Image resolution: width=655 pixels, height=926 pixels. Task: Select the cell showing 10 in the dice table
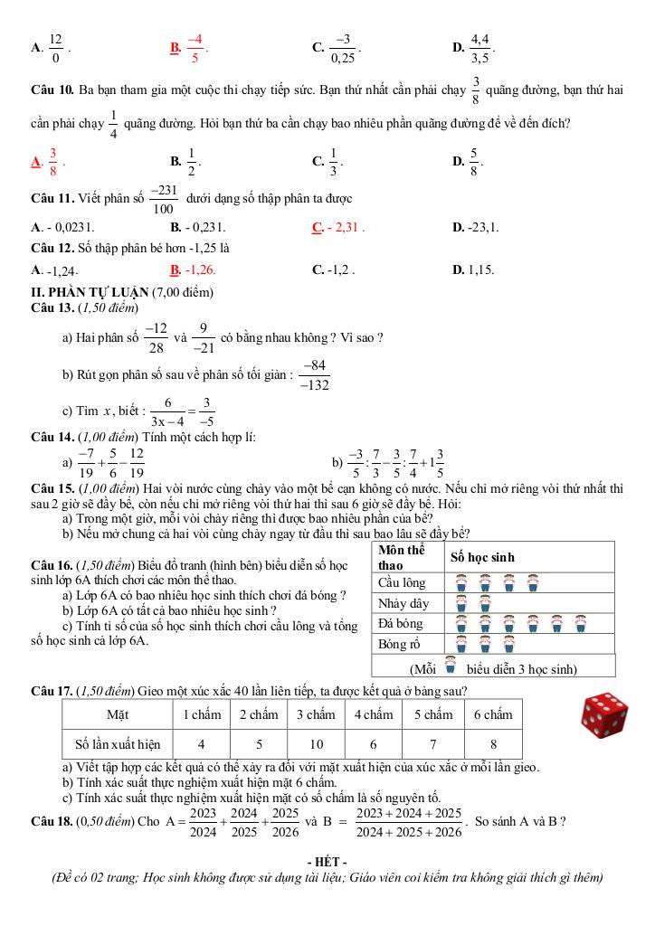315,744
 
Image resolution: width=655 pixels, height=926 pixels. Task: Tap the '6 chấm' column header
493,714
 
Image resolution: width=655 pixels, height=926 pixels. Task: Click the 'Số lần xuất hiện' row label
118,744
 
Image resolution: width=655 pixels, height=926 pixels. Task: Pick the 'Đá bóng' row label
401,623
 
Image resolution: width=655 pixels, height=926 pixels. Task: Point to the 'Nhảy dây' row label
403,603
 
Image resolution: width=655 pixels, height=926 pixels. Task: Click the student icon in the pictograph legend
450,667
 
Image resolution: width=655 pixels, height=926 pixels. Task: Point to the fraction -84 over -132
316,375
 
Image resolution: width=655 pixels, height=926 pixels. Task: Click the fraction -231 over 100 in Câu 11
164,198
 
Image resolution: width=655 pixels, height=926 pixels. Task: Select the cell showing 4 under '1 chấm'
201,744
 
